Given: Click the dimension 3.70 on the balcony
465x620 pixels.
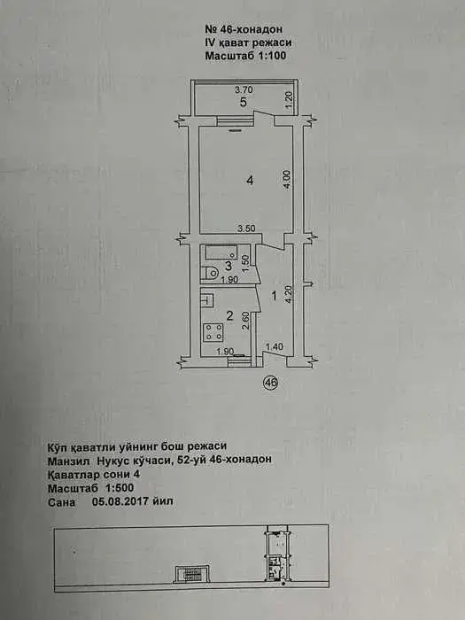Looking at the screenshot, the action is click(x=244, y=90).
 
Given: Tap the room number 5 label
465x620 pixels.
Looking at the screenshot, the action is click(x=244, y=103).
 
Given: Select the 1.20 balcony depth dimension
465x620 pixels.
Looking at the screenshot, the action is click(x=289, y=101).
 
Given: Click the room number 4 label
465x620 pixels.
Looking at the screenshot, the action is click(x=250, y=181).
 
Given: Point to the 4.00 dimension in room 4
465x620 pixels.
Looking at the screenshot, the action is click(x=288, y=180).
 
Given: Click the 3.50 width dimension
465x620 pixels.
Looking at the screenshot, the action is click(x=246, y=229).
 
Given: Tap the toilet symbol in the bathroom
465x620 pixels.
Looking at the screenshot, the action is click(x=210, y=273).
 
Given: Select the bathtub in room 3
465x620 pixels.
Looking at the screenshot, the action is click(x=219, y=252).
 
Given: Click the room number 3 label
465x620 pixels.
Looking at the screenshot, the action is click(x=229, y=266).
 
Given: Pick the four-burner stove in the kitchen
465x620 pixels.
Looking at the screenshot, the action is click(x=213, y=332).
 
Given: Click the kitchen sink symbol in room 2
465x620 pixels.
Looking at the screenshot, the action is click(x=207, y=299).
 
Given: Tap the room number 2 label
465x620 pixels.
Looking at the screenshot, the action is click(x=229, y=315).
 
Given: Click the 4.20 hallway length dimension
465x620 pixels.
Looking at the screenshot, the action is click(x=290, y=295).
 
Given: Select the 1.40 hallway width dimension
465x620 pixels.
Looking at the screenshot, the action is click(x=274, y=347).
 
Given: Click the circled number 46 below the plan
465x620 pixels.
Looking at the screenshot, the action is click(x=271, y=383).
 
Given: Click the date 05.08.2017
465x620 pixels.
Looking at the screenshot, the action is click(x=120, y=502).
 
